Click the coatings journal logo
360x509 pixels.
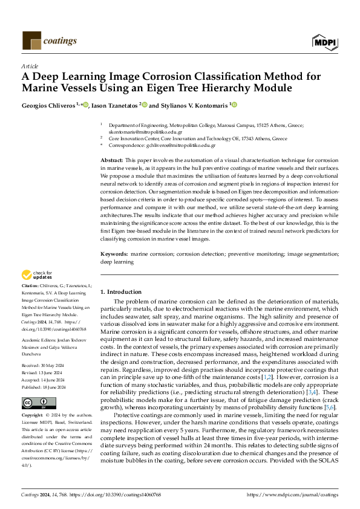(50, 41)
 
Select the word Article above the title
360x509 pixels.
(29, 66)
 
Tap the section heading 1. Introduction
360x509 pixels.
(121, 292)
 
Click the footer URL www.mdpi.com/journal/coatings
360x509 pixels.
(293, 494)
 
